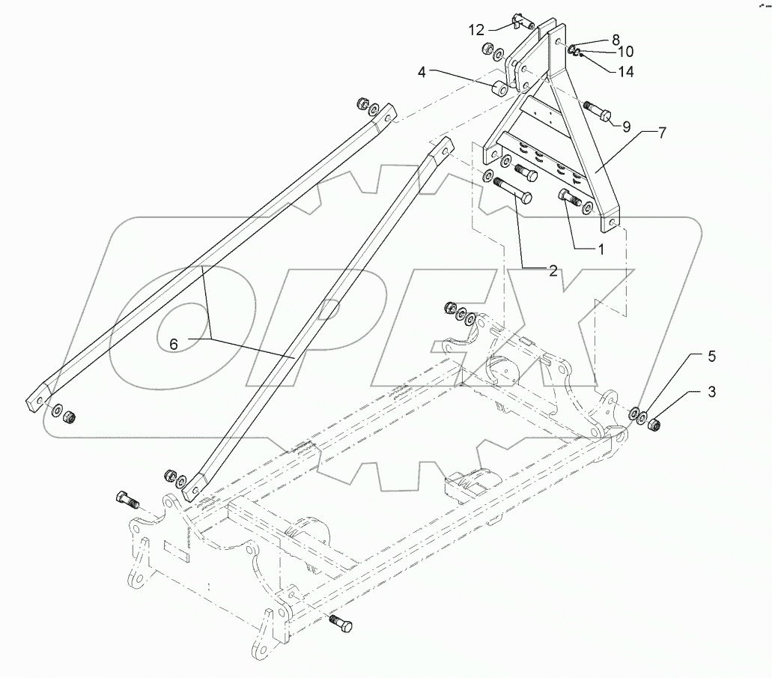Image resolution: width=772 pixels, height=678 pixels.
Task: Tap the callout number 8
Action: (x=616, y=39)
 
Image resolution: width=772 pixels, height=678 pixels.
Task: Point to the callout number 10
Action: (x=625, y=52)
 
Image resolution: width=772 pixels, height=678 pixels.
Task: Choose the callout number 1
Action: (x=600, y=249)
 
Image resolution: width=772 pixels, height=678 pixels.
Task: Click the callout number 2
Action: (x=553, y=271)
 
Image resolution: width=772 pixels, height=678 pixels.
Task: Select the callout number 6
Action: (x=174, y=343)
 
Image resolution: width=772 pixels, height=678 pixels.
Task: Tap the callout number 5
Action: (x=712, y=357)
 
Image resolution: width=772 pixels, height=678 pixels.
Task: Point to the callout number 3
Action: (x=712, y=391)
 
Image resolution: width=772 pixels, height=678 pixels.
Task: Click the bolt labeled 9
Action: (x=597, y=112)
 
